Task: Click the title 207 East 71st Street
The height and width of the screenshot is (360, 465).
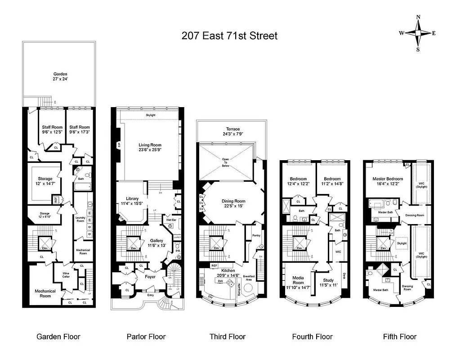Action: pyautogui.click(x=229, y=36)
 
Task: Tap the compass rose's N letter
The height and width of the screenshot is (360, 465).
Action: pyautogui.click(x=418, y=18)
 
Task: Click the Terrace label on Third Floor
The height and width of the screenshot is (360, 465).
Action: pyautogui.click(x=232, y=129)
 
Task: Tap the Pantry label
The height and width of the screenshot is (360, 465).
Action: pyautogui.click(x=256, y=235)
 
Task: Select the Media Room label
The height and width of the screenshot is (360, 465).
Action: pyautogui.click(x=298, y=280)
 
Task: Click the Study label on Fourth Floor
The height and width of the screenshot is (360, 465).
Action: pyautogui.click(x=328, y=280)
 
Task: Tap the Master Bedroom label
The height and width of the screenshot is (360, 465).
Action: pyautogui.click(x=387, y=179)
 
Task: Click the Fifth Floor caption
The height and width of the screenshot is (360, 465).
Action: pyautogui.click(x=399, y=337)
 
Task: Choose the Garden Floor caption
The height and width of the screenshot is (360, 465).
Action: pyautogui.click(x=58, y=337)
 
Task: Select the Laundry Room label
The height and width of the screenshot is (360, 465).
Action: pyautogui.click(x=80, y=219)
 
